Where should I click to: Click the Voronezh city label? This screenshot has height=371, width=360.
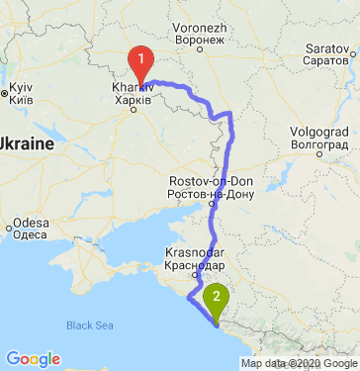coord(201,29)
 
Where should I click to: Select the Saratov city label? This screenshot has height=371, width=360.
coord(330,46)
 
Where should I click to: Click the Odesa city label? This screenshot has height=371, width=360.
coord(31,223)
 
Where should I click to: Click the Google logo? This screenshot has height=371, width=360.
coord(34,358)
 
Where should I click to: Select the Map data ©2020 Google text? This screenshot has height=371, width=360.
coord(298,363)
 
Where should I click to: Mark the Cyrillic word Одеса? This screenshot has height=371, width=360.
coord(31,234)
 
